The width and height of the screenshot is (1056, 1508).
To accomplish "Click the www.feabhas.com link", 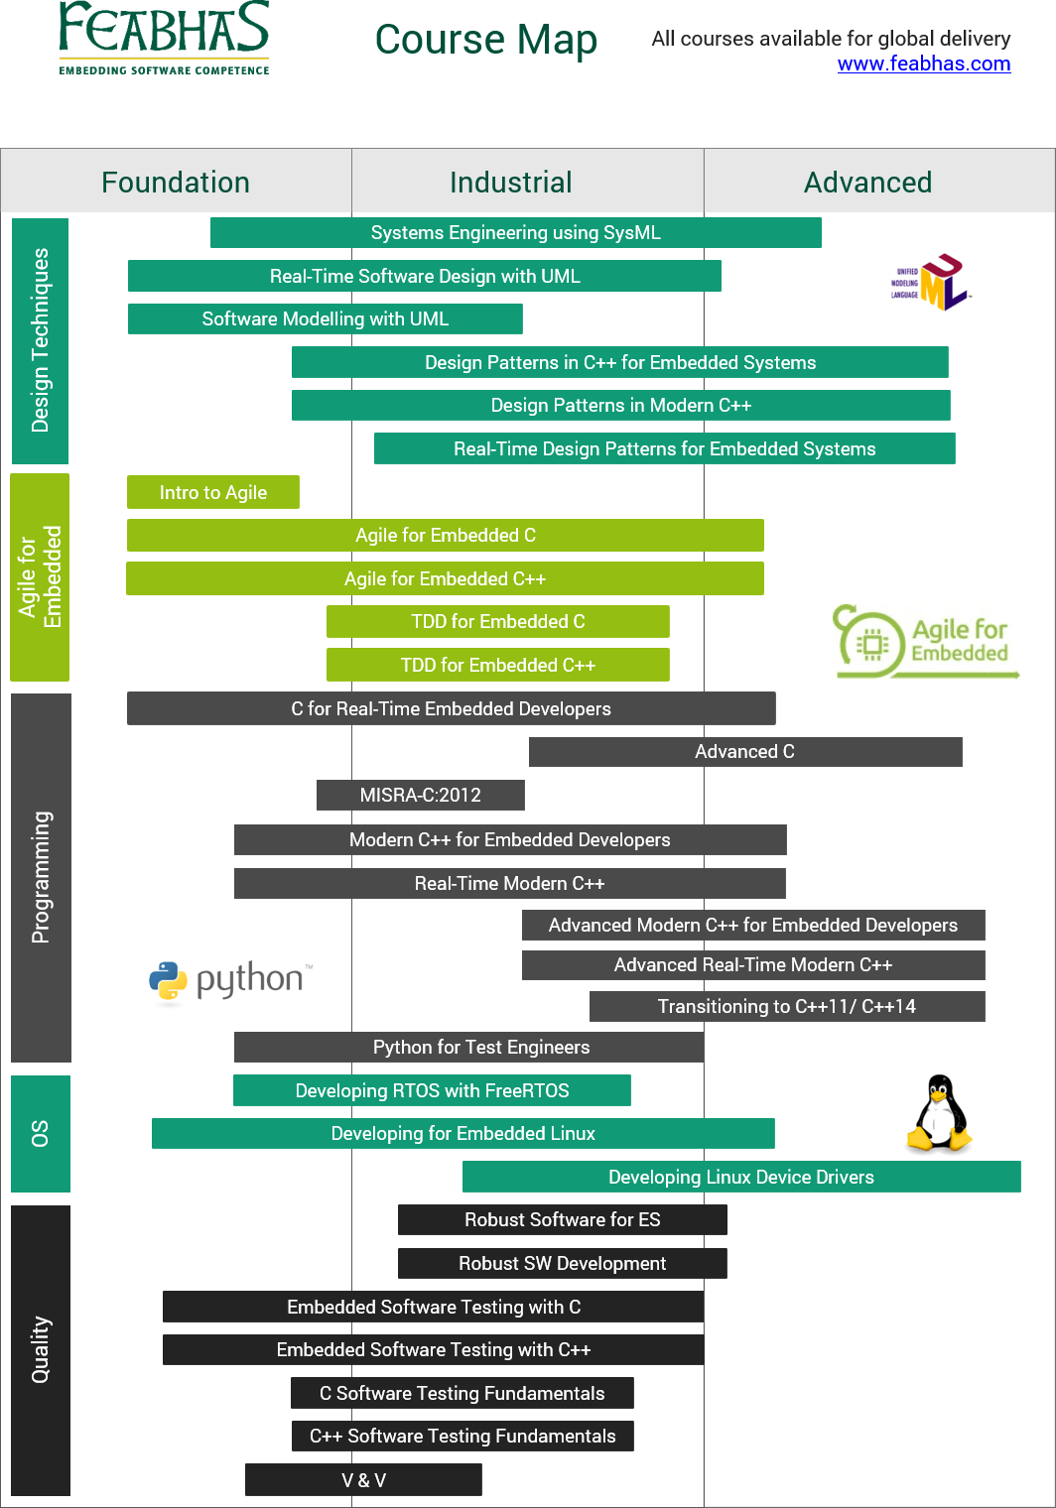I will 923,63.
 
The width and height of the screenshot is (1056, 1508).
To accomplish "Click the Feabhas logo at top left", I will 164,38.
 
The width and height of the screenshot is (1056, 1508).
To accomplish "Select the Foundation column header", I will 176,183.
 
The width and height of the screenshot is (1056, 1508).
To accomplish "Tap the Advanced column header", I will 867,183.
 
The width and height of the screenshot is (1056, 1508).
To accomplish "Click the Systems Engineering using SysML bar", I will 515,233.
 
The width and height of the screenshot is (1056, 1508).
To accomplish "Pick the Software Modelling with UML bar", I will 325,319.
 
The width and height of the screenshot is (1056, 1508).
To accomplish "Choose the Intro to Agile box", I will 213,492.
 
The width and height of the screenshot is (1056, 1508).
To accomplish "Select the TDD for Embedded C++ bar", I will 497,665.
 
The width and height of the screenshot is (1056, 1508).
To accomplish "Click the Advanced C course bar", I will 744,752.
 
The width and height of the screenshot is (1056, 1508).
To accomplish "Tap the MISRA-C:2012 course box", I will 420,795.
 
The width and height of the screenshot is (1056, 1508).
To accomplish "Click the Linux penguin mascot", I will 938,1113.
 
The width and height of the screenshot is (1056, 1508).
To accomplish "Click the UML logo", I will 932,283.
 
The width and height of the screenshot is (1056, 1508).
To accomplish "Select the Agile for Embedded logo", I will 925,642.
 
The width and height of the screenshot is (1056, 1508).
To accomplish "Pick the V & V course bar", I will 363,1480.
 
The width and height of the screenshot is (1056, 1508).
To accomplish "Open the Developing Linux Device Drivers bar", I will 740,1177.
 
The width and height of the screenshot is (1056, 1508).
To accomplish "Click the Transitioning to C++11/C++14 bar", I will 786,1006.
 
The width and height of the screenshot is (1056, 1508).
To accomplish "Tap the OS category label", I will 41,1133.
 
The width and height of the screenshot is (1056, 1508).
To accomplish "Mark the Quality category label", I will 41,1349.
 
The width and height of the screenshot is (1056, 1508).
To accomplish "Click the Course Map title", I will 485,40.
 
